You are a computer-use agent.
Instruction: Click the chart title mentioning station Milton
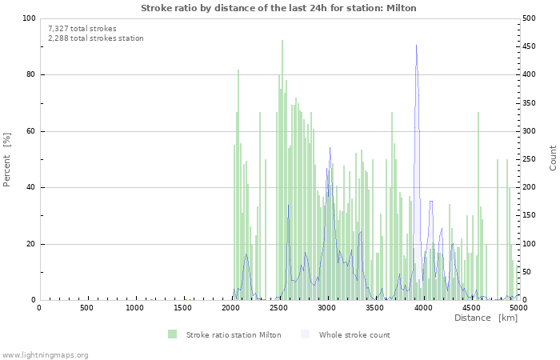click(278, 8)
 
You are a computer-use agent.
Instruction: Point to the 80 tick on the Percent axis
click(30, 75)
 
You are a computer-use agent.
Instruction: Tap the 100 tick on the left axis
click(28, 18)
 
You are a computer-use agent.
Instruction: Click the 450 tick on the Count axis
click(530, 46)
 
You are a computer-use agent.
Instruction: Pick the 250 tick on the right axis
click(530, 159)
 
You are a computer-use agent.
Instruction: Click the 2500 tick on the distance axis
click(278, 308)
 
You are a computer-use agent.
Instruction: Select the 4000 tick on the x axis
click(422, 308)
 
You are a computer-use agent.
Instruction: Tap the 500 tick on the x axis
click(86, 308)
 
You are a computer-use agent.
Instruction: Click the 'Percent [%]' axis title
click(7, 159)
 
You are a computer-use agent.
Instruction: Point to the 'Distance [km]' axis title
click(486, 318)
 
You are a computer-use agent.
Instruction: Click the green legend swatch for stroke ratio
click(172, 334)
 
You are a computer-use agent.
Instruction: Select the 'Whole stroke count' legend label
click(354, 334)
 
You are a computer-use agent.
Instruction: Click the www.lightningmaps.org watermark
click(45, 354)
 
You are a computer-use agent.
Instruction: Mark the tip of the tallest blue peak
click(416, 46)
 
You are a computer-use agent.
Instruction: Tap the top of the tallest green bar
click(282, 41)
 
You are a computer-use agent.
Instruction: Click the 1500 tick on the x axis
click(182, 308)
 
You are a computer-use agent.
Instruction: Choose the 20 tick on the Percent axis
click(30, 244)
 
